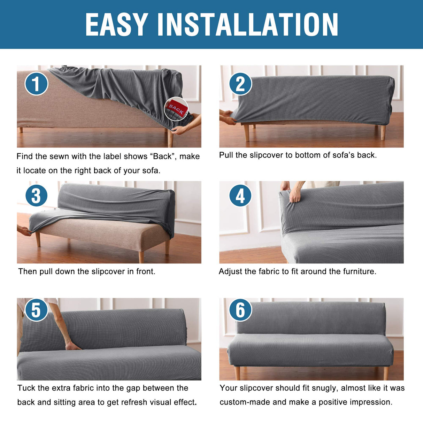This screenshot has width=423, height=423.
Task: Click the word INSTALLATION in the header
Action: tap(247, 24)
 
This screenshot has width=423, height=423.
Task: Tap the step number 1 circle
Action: tap(36, 84)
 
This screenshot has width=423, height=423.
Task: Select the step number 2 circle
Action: tap(240, 84)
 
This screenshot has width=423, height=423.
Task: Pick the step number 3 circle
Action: tap(36, 195)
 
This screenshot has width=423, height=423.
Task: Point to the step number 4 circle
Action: tap(240, 195)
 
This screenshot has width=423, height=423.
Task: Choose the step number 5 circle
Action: tap(36, 309)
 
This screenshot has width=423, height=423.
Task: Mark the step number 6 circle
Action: tap(240, 309)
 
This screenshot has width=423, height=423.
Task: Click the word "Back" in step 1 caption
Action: tap(162, 156)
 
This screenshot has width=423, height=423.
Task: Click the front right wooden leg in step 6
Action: tap(386, 373)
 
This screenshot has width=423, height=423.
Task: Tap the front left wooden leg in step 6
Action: tap(237, 373)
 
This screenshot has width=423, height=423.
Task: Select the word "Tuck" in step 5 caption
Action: tap(26, 388)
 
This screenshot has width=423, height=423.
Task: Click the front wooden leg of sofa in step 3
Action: tap(141, 256)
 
